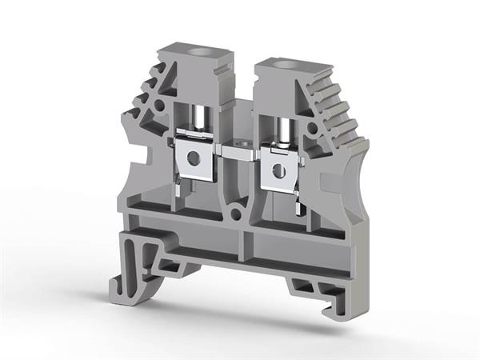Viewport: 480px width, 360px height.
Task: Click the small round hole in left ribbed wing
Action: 159,105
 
